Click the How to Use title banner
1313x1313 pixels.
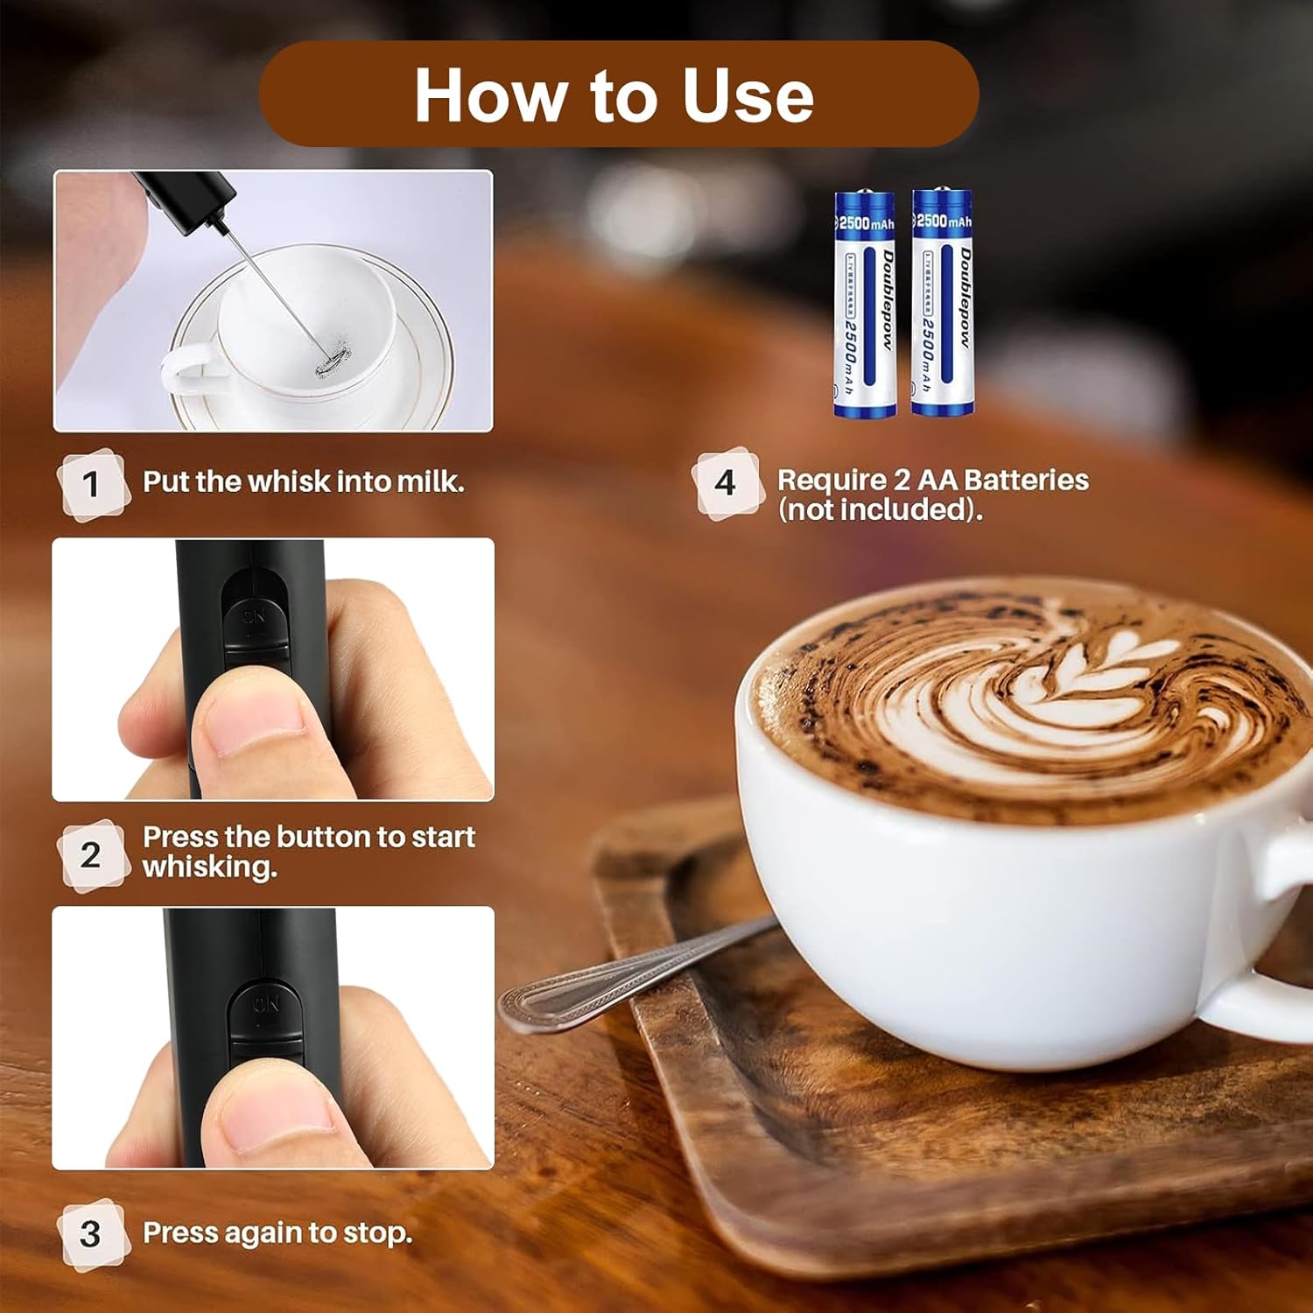pos(618,94)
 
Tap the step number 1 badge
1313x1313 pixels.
pos(91,484)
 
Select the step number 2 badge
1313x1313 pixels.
pos(91,854)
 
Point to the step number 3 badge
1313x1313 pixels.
pos(91,1233)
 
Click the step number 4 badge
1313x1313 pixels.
pos(725,482)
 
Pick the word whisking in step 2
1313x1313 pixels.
pos(209,867)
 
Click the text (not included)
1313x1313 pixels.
pos(880,509)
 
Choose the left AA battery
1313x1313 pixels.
pos(864,304)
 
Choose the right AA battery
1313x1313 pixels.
pos(942,302)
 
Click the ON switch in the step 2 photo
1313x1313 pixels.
pos(255,617)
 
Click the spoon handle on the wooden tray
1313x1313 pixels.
pos(613,972)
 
